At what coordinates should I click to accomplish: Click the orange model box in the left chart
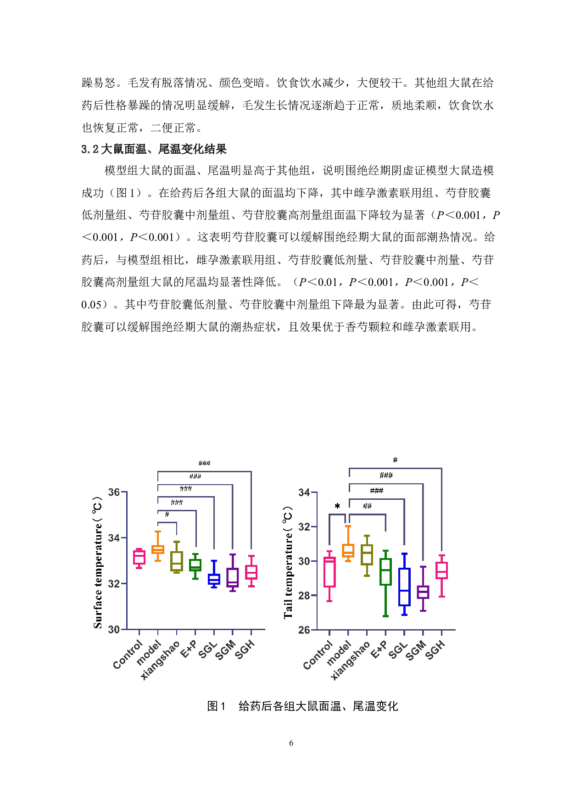click(x=158, y=549)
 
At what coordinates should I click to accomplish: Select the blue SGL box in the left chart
click(x=214, y=579)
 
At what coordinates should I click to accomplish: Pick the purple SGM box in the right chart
click(x=423, y=592)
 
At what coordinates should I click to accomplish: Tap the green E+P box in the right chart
click(x=385, y=572)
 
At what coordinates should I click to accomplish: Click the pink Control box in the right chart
click(x=329, y=572)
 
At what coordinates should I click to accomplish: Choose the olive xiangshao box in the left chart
click(x=177, y=561)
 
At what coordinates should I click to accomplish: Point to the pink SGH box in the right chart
click(x=441, y=570)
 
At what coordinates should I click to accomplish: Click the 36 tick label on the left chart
click(x=114, y=492)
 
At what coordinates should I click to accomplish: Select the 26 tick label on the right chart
click(x=304, y=630)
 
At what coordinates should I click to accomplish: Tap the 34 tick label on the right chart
click(x=304, y=493)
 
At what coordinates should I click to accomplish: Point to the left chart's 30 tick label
click(x=114, y=630)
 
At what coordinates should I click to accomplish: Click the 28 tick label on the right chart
click(x=304, y=596)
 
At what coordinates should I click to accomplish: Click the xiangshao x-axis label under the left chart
click(x=160, y=660)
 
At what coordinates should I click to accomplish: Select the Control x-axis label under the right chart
click(x=318, y=655)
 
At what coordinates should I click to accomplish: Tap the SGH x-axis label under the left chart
click(x=245, y=650)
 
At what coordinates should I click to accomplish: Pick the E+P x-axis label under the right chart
click(x=379, y=650)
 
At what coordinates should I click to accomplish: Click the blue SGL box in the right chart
click(x=404, y=587)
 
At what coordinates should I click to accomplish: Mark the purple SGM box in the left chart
click(x=233, y=577)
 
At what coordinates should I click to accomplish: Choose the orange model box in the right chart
click(x=348, y=551)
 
